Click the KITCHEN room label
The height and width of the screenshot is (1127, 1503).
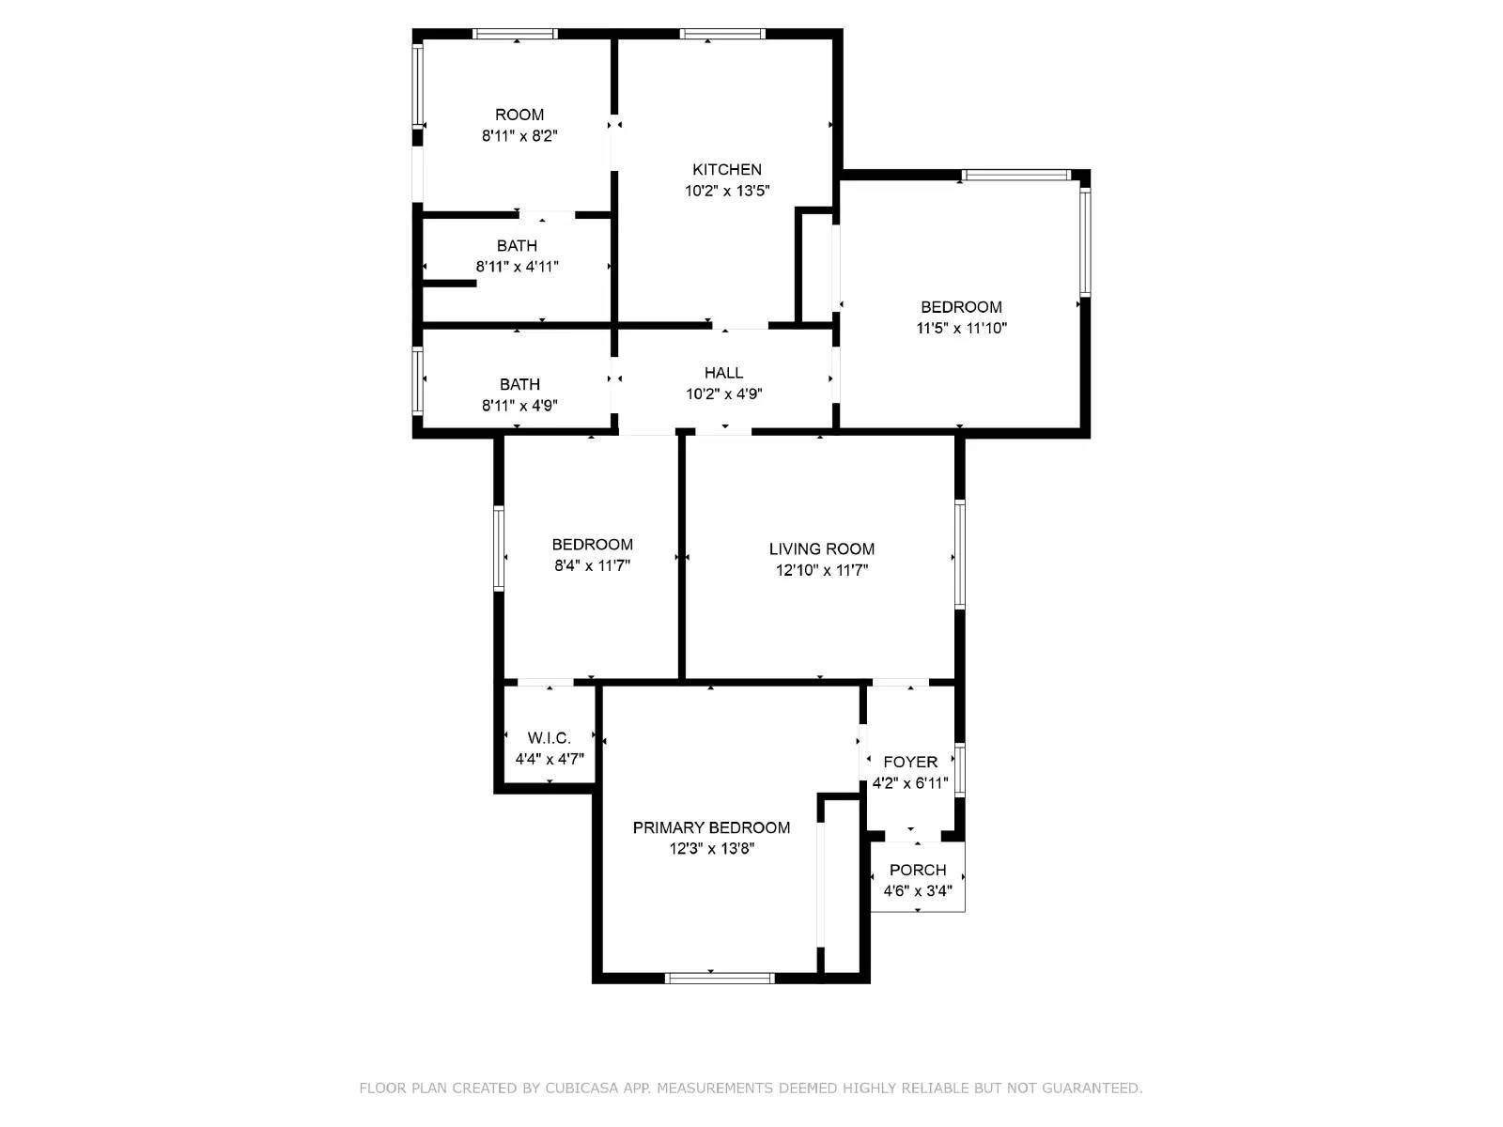tap(726, 170)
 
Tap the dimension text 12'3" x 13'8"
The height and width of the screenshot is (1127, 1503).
tap(712, 849)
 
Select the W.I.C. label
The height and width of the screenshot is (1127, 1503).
tap(549, 738)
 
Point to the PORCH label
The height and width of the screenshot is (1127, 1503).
tap(917, 870)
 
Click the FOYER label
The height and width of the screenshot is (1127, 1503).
tap(909, 762)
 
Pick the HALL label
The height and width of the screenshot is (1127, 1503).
tap(723, 373)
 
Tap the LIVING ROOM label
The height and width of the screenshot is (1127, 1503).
tap(821, 549)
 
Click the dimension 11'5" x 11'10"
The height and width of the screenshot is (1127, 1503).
tap(961, 329)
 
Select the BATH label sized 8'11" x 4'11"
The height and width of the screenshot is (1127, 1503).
tap(517, 246)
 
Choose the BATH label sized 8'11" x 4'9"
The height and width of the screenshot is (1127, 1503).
tap(519, 384)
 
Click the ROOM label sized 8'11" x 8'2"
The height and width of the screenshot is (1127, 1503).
tap(519, 115)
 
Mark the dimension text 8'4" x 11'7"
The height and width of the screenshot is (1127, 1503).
tap(592, 566)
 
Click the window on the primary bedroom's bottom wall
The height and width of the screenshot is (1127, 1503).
tap(720, 978)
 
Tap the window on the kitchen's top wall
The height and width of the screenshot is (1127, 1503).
tap(722, 35)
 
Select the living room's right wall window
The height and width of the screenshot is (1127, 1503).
tap(960, 555)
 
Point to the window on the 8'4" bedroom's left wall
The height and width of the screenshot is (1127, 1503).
tap(499, 548)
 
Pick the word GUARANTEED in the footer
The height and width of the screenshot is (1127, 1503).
tap(1092, 1088)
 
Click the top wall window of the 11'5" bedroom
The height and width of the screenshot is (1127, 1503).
tap(1016, 175)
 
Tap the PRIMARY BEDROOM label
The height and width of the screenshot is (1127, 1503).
tap(711, 827)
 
